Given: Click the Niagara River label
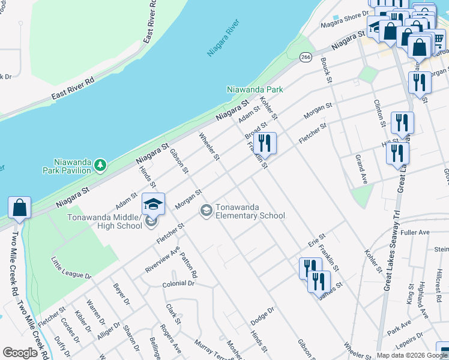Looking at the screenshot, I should pos(223,38).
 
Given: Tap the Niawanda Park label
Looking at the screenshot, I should pos(255,90).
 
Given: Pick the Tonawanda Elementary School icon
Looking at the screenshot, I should pos(205,209).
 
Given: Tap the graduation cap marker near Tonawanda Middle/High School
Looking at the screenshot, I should pos(153,204).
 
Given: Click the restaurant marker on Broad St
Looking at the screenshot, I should pos(264,143).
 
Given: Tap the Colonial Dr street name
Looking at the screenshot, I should pos(179,283).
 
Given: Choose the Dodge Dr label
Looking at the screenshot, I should pos(262,317).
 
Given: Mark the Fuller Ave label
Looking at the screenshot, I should pos(416,232).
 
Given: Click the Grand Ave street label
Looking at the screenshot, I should pos(361,170).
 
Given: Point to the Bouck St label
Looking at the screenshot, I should pos(326,69).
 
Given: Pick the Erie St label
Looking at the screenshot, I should pos(316,241).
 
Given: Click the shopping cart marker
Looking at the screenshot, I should pos(438,41).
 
